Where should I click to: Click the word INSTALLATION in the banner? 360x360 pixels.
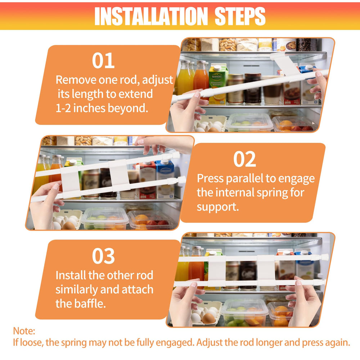click(151, 16)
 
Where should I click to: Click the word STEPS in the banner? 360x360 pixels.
click(240, 16)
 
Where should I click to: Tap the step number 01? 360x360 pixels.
click(103, 60)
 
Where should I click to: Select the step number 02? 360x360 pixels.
click(244, 159)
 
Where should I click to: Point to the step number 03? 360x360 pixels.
click(103, 256)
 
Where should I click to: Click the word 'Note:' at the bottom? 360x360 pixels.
click(24, 331)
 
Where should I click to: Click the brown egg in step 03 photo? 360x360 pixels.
click(208, 319)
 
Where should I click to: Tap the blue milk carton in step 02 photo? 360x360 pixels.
click(165, 179)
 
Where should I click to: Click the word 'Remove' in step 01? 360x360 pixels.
click(76, 80)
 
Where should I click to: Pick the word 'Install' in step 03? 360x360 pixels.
click(71, 275)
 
